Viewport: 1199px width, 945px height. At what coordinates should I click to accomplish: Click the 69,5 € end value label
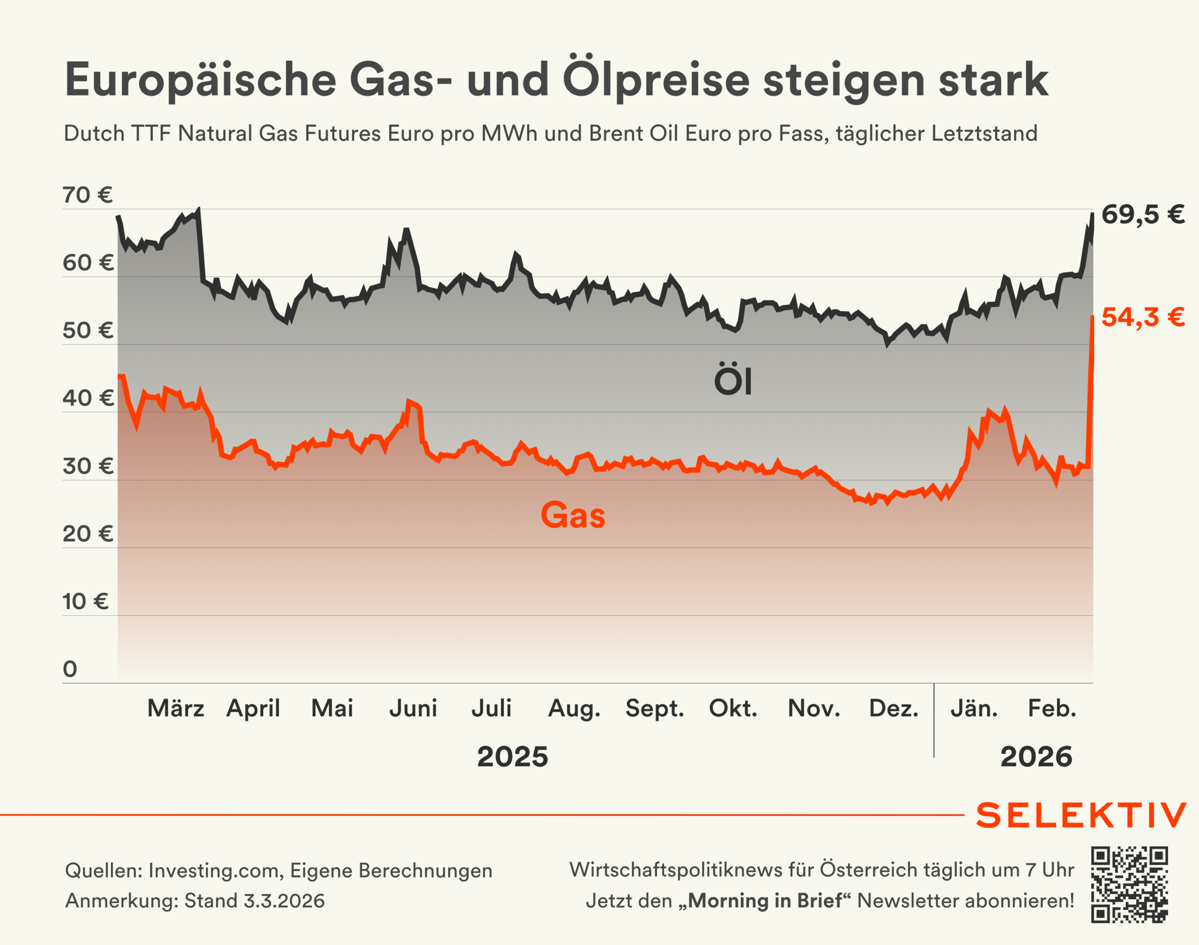pos(1143,214)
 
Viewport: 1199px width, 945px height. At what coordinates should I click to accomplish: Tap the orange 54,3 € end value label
pos(1143,317)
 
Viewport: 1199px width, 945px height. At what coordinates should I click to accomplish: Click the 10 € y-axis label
pos(85,601)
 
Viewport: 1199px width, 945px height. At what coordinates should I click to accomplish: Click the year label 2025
pos(512,757)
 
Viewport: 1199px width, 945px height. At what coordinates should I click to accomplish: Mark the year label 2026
pos(1036,757)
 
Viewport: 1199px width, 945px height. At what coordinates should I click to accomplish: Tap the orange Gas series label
pos(573,516)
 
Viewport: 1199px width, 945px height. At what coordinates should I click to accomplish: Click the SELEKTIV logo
pos(1081,816)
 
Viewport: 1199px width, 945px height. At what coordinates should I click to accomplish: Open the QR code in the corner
pos(1129,884)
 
